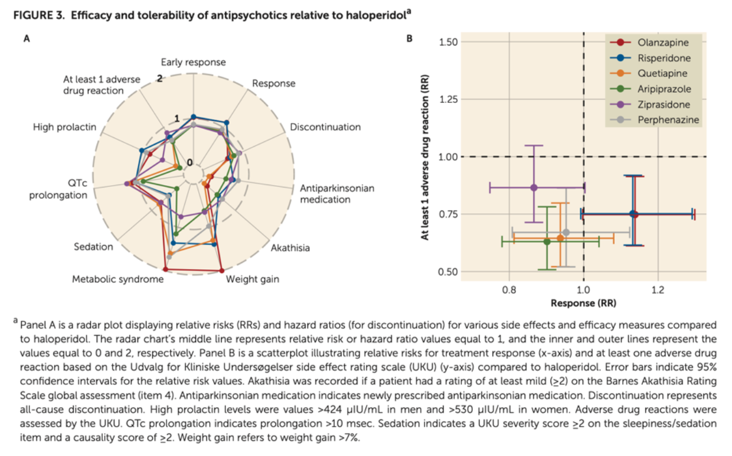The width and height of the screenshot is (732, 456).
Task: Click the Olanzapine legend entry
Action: (662, 43)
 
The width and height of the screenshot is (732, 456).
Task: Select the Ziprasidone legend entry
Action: (664, 105)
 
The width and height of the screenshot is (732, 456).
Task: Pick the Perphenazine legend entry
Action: (668, 120)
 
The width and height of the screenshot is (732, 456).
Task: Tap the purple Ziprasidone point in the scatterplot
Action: (534, 187)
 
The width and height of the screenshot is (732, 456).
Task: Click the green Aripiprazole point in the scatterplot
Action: (546, 242)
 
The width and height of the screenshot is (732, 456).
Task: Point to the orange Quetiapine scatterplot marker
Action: (560, 237)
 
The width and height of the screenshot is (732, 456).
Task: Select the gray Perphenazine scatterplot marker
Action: (566, 232)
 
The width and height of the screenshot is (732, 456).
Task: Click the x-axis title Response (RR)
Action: (583, 302)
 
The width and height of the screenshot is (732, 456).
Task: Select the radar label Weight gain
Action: (252, 279)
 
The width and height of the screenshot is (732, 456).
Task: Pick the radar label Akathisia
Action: (290, 248)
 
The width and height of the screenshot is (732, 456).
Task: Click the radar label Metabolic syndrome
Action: (118, 279)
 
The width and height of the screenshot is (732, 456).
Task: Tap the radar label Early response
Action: (193, 62)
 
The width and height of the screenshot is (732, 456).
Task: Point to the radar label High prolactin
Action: (64, 127)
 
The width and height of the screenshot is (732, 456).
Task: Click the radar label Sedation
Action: (94, 247)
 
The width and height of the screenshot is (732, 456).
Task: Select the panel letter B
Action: (409, 40)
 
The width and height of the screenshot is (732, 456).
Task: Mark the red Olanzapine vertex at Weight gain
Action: (221, 270)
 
